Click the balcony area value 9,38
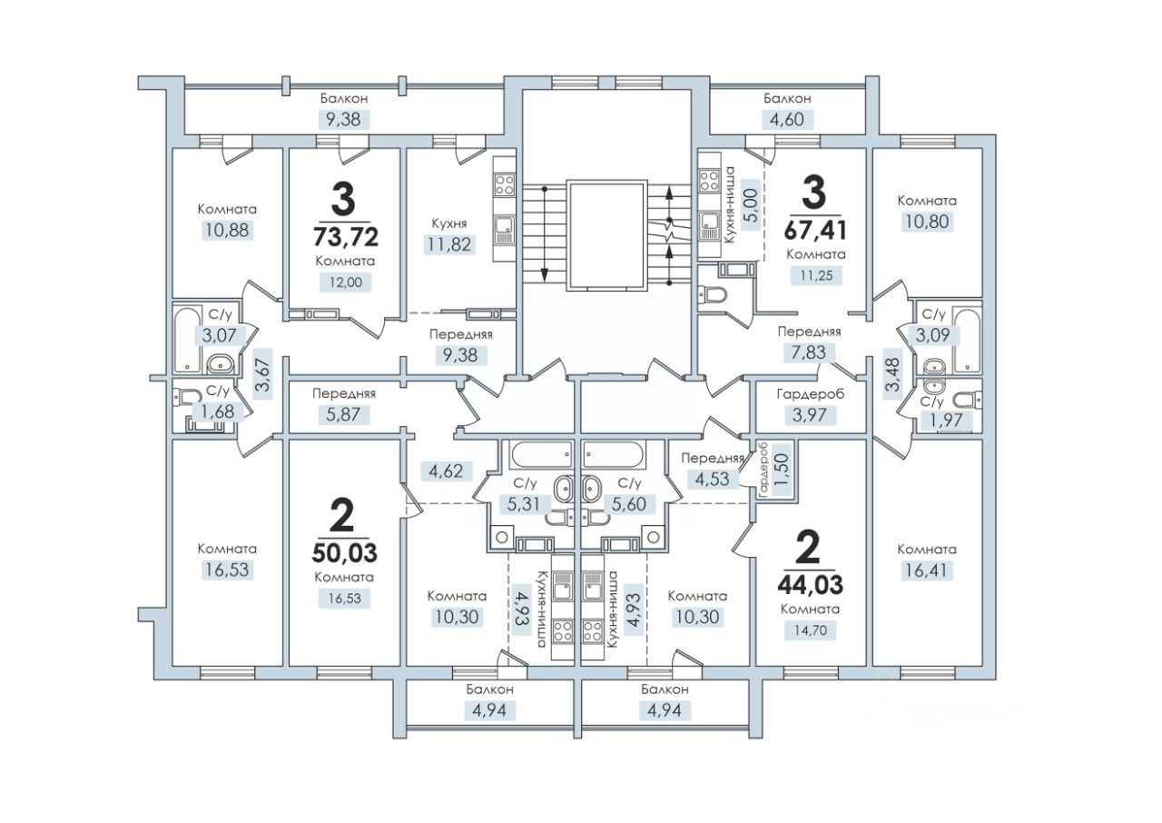click(x=343, y=119)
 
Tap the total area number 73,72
click(x=346, y=237)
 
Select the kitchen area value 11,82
click(x=449, y=243)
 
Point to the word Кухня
click(x=449, y=223)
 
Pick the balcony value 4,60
click(x=787, y=119)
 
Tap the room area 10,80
click(x=927, y=222)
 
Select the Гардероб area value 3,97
click(x=809, y=415)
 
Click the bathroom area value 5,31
click(x=524, y=504)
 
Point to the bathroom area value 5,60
click(x=629, y=504)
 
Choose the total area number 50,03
click(x=344, y=553)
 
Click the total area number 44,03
click(x=811, y=585)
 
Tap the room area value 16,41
click(x=927, y=570)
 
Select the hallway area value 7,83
click(x=809, y=352)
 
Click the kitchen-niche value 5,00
click(x=752, y=206)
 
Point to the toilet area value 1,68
click(x=217, y=412)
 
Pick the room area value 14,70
click(x=810, y=630)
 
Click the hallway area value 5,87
click(x=343, y=415)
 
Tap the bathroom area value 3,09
click(x=932, y=335)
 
